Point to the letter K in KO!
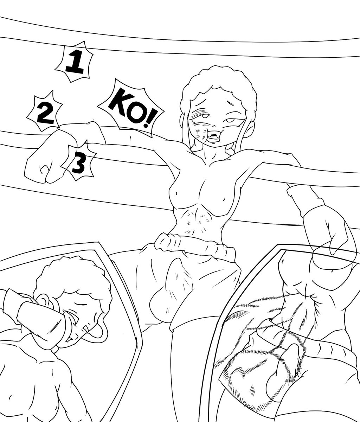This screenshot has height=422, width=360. click(117, 102)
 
